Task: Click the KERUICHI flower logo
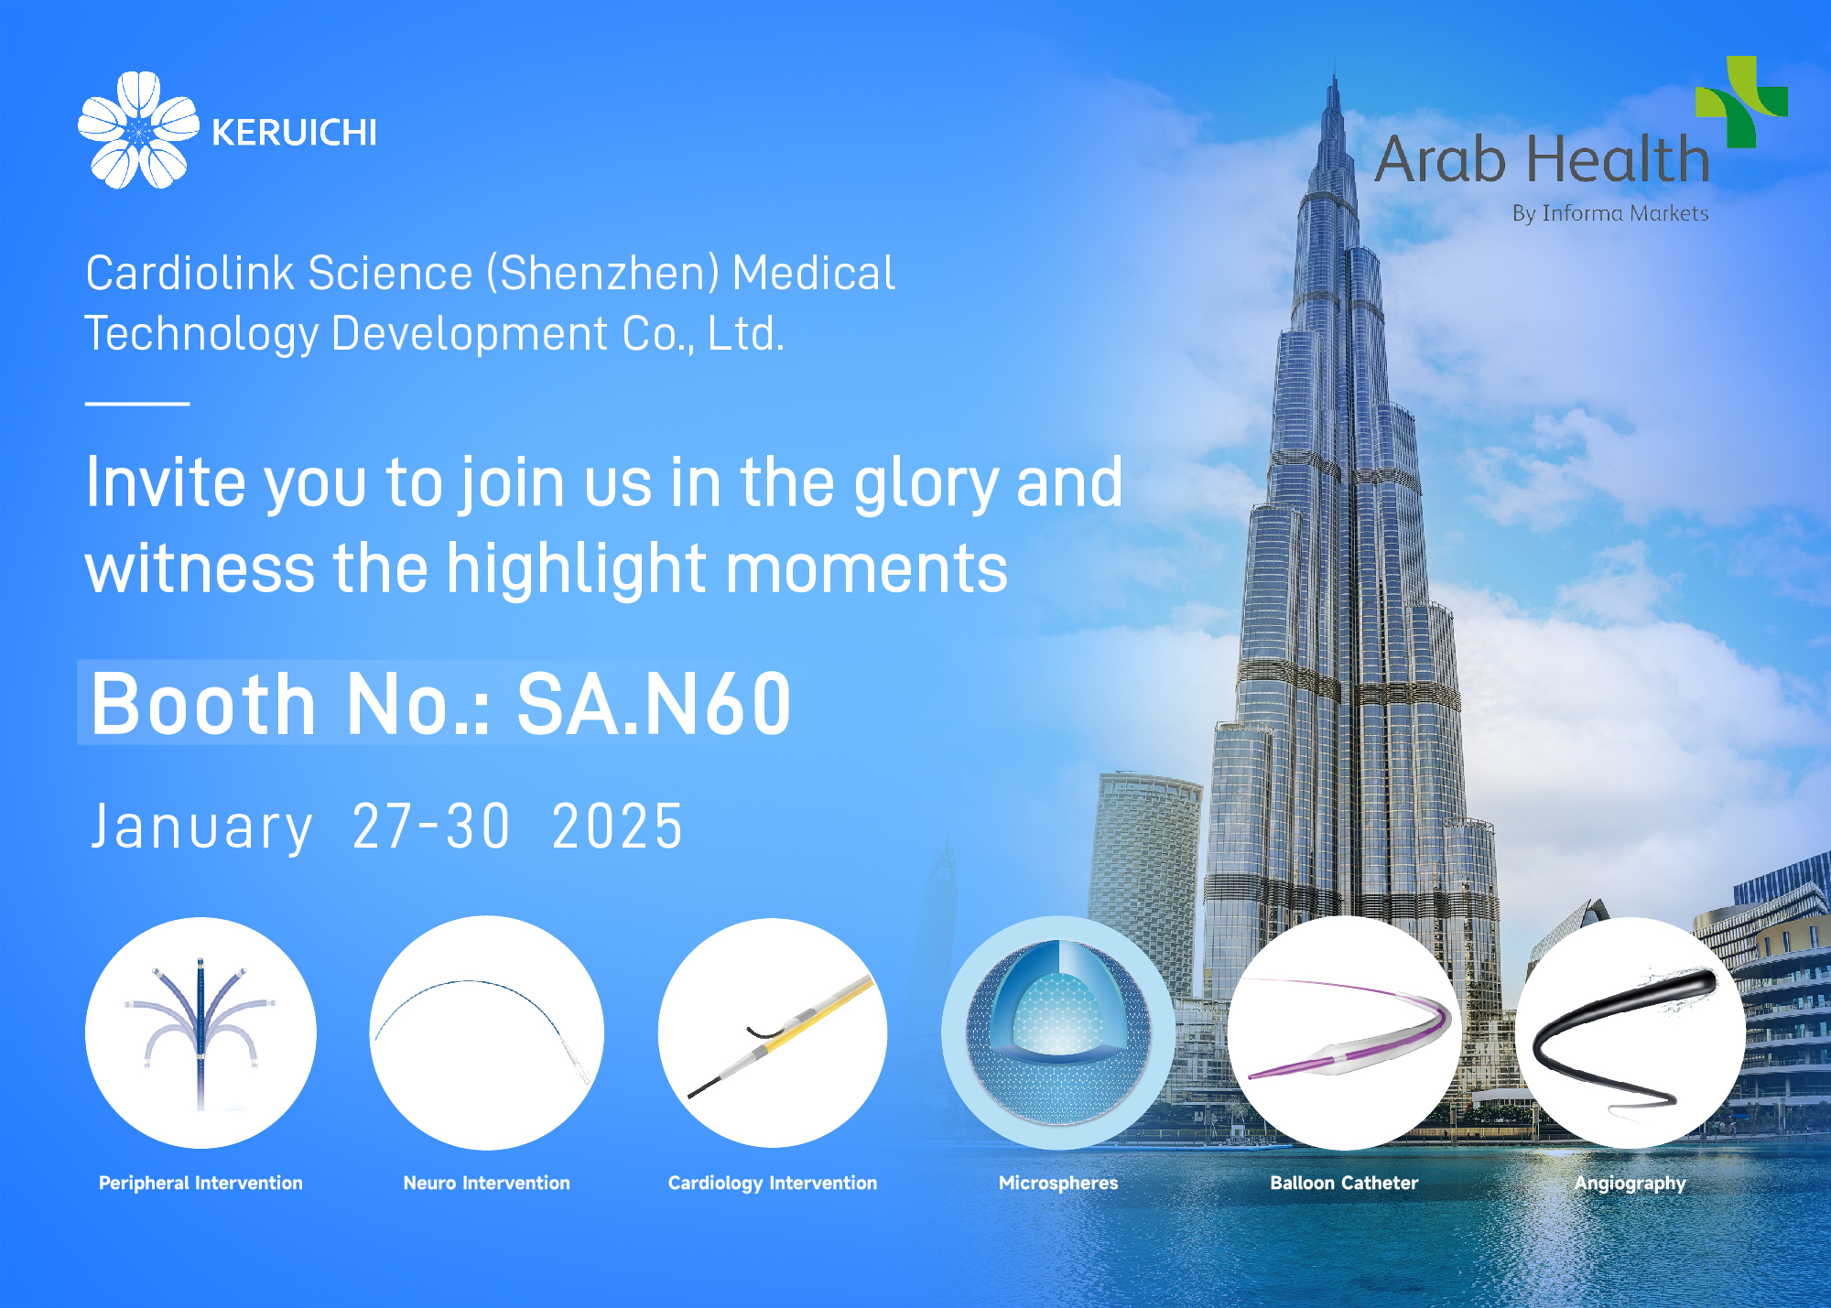pos(138,130)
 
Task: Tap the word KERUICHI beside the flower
pos(294,134)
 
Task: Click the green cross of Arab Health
pos(1740,102)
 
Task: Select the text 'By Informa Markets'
pos(1609,213)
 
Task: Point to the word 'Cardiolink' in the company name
pos(190,274)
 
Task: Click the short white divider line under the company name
pos(137,403)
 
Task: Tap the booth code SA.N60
pos(654,705)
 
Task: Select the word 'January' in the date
pos(202,827)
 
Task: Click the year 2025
pos(617,827)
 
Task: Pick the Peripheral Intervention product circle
pos(200,1032)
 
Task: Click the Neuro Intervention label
pos(486,1183)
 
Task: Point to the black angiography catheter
pos(1620,1034)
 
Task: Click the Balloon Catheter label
pos(1343,1183)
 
